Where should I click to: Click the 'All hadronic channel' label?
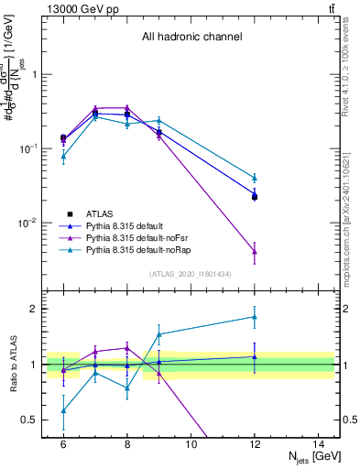tap(191, 38)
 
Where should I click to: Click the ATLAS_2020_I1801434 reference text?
tap(191, 274)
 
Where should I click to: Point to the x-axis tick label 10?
tap(191, 443)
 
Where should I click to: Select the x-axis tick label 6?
tap(63, 443)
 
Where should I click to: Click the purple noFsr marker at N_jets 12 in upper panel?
tap(254, 251)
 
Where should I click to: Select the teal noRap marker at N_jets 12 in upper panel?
tap(254, 178)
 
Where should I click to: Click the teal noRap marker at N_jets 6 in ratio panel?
tap(63, 410)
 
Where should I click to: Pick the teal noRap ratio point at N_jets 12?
tap(254, 317)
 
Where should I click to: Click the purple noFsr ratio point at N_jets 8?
tap(127, 347)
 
